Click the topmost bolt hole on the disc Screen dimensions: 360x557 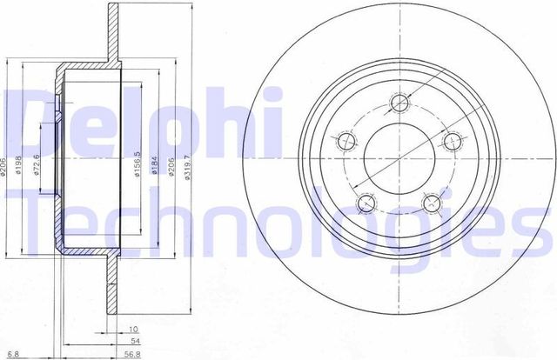(400, 104)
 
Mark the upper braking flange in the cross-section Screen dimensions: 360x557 (114, 35)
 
